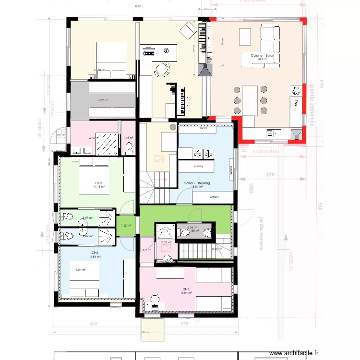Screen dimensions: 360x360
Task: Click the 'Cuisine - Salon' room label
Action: [262, 56]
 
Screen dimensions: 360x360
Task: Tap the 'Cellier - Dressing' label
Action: [196, 183]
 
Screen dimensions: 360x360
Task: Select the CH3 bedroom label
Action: [99, 183]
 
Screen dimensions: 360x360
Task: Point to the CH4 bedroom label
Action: [95, 253]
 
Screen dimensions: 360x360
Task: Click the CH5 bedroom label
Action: [186, 289]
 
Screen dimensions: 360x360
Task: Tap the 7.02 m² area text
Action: [102, 100]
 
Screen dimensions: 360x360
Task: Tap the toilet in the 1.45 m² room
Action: [129, 149]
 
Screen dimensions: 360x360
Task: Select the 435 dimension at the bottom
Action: [94, 324]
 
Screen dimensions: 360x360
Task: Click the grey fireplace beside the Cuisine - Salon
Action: [205, 70]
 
